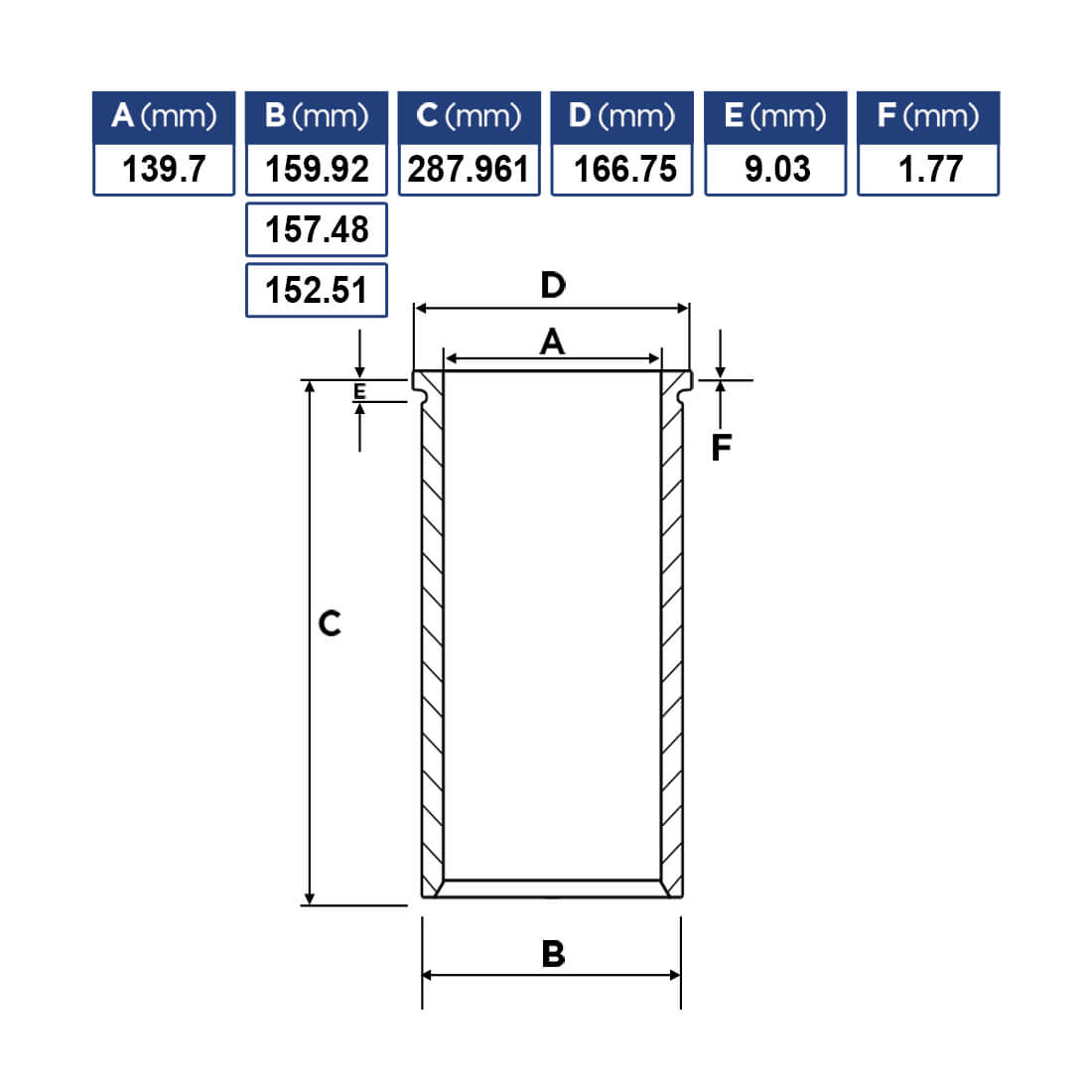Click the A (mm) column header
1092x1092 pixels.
pyautogui.click(x=164, y=117)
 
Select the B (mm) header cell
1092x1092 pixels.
pyautogui.click(x=317, y=117)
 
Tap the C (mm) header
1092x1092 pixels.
pyautogui.click(x=470, y=117)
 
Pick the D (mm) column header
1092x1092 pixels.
pyautogui.click(x=621, y=117)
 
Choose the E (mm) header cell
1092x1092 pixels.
pyautogui.click(x=776, y=117)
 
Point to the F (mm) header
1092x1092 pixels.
pyautogui.click(x=928, y=117)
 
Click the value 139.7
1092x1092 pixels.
pyautogui.click(x=164, y=169)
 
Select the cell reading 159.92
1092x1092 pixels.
pyautogui.click(x=317, y=169)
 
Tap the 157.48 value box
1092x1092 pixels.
pyautogui.click(x=317, y=230)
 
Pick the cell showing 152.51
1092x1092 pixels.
pyautogui.click(x=317, y=291)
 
